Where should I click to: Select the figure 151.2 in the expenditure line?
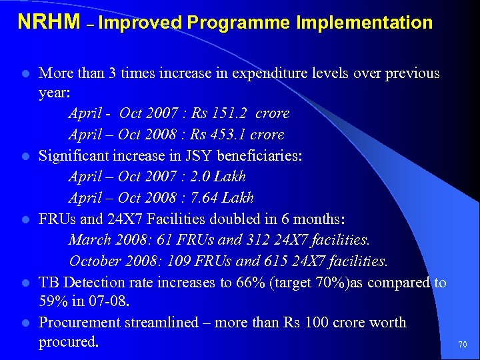point(231,114)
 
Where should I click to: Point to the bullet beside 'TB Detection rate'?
point(25,283)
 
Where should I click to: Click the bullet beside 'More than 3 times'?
point(25,73)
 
